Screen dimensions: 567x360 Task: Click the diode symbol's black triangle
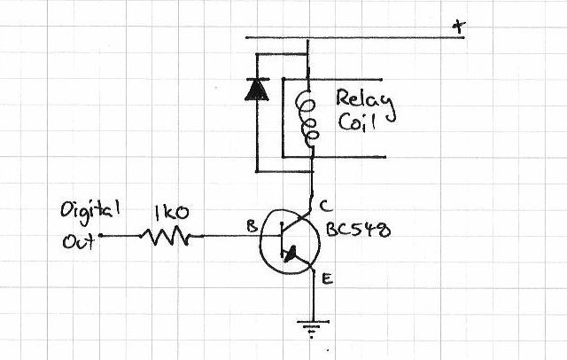(x=257, y=90)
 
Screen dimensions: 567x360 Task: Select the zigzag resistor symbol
(x=166, y=236)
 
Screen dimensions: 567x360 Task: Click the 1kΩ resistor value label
(x=171, y=213)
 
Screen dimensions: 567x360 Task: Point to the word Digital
(x=90, y=210)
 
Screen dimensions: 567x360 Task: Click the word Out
(x=79, y=241)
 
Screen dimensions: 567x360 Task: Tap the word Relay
(x=365, y=102)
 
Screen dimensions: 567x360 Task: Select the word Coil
(x=356, y=122)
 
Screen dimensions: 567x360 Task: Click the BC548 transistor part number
(x=358, y=230)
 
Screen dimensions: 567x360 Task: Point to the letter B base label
(x=252, y=226)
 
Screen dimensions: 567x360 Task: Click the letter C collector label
(x=325, y=206)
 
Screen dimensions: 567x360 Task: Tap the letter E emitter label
(x=327, y=279)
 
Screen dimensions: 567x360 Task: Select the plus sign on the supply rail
(x=459, y=27)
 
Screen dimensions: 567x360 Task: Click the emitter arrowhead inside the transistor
(x=291, y=254)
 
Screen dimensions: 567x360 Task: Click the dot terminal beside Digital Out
(x=100, y=236)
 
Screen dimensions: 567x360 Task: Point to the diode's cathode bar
(x=257, y=79)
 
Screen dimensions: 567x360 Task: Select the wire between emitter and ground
(x=313, y=295)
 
